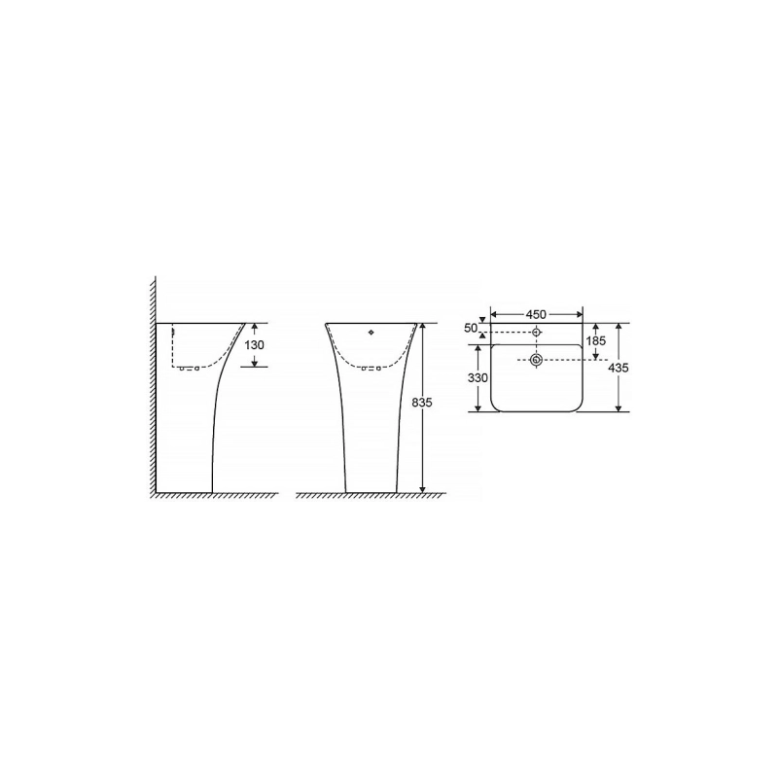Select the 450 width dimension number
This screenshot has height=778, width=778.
pyautogui.click(x=536, y=314)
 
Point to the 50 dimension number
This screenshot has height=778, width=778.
pyautogui.click(x=471, y=329)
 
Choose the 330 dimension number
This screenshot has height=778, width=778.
pyautogui.click(x=477, y=378)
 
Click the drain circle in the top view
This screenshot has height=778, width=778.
pyautogui.click(x=535, y=361)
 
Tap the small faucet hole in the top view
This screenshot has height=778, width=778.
pyautogui.click(x=535, y=333)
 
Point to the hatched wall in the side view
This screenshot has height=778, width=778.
pyautogui.click(x=152, y=389)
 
